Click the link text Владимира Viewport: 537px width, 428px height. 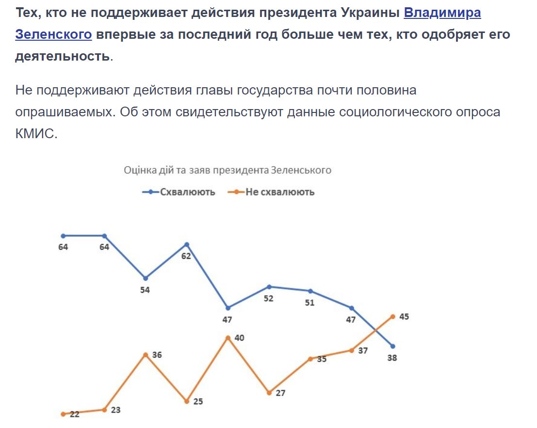click(x=442, y=13)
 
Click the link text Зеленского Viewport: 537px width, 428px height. click(x=53, y=34)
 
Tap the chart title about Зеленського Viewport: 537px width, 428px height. click(x=228, y=170)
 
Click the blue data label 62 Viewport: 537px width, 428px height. click(x=186, y=256)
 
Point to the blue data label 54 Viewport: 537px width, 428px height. click(x=145, y=290)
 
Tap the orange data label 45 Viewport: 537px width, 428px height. click(x=404, y=317)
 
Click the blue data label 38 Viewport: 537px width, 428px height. click(x=392, y=359)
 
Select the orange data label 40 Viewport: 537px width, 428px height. click(x=239, y=338)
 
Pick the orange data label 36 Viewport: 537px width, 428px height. click(x=157, y=355)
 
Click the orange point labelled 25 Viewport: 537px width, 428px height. click(x=187, y=401)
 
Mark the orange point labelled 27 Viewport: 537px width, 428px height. click(x=269, y=393)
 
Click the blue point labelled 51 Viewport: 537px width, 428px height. click(x=310, y=291)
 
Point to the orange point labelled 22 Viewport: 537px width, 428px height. click(x=63, y=414)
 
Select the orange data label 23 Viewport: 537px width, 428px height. click(x=115, y=410)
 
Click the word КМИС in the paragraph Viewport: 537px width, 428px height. click(x=36, y=133)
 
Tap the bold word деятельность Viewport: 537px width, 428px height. click(x=62, y=56)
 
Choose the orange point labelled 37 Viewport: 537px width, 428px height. click(x=351, y=350)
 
